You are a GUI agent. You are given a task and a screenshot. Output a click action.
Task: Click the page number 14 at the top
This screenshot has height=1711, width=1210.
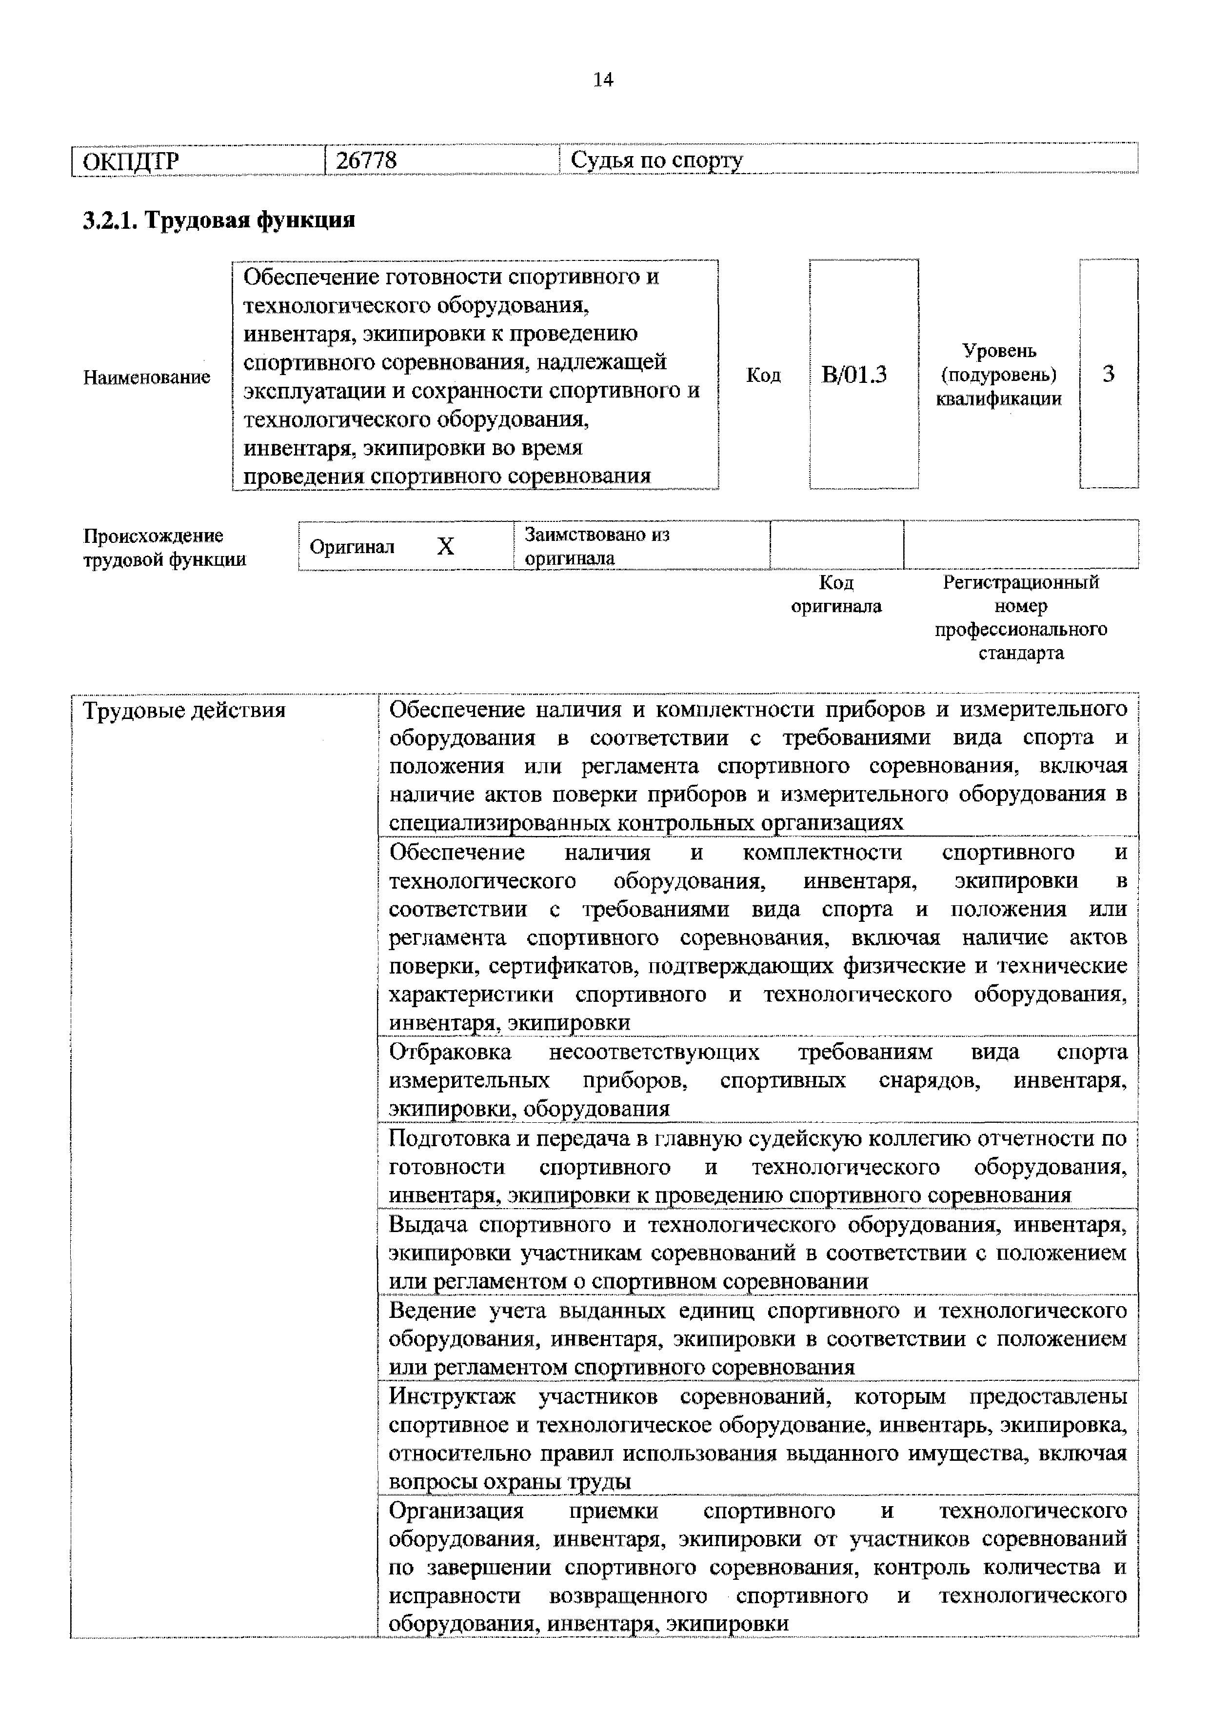pos(603,80)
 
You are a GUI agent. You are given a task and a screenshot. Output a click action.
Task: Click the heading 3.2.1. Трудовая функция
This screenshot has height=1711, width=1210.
pos(218,220)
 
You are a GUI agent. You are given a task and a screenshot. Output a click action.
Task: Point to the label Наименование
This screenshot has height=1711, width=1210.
pos(147,377)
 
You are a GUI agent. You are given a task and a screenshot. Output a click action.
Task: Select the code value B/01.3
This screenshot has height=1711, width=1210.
pos(854,374)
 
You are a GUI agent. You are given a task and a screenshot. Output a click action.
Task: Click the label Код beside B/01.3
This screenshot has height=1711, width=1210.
pos(763,375)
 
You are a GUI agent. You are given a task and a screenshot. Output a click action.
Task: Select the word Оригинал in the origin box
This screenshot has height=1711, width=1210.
pos(352,547)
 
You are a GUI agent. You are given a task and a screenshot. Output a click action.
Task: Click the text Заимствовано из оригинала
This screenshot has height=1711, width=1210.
pos(596,546)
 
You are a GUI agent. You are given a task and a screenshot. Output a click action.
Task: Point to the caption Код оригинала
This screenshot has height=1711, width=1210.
pos(836,594)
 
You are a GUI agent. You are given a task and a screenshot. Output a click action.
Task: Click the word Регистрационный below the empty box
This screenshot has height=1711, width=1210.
pos(1021,582)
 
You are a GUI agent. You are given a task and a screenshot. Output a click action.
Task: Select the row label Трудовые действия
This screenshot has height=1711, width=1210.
pos(184,710)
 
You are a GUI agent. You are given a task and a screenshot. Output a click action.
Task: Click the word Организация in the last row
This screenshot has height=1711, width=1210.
pos(456,1511)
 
